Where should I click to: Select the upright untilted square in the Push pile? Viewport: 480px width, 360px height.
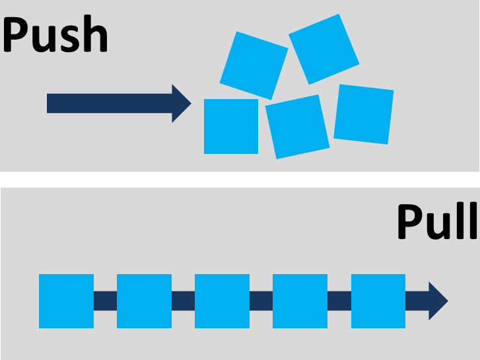point(231,126)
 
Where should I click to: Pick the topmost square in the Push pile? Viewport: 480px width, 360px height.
point(324,48)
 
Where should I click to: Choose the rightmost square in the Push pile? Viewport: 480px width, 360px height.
point(364,114)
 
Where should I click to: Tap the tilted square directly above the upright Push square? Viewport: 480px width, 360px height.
point(254,65)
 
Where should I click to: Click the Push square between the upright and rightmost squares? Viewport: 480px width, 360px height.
point(297,126)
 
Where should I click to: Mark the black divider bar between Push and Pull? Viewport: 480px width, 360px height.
point(240,179)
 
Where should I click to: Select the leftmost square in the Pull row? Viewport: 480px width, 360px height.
point(66,301)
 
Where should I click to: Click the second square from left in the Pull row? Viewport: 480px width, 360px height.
point(144,301)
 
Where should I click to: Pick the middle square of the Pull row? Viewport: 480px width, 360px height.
point(222,301)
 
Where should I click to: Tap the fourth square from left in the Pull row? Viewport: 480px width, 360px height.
point(300,301)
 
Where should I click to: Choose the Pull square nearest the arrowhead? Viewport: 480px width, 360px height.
point(378,301)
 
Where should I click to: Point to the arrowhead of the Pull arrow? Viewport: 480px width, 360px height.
point(436,301)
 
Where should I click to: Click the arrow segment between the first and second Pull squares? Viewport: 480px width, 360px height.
point(105,301)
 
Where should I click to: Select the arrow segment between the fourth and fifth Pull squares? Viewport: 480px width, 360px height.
point(339,301)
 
